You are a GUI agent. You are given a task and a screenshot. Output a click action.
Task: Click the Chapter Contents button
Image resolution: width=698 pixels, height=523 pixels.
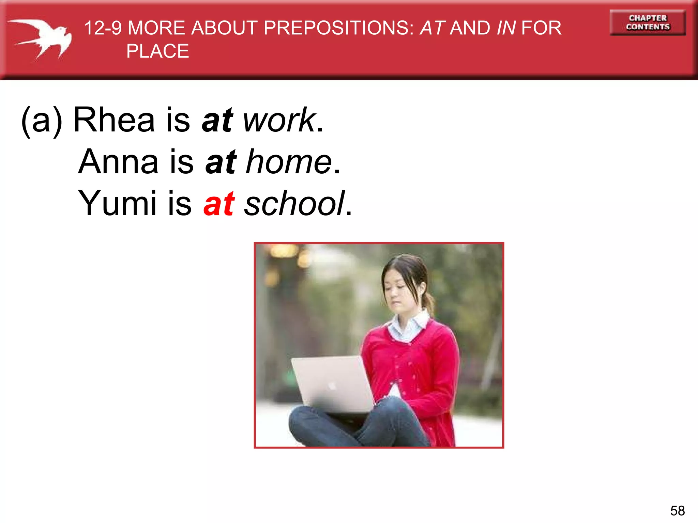[648, 22]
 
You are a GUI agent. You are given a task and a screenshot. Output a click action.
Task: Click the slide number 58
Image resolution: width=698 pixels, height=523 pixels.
[677, 511]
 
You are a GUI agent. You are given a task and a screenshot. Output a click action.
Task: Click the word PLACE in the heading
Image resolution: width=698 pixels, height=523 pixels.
[157, 51]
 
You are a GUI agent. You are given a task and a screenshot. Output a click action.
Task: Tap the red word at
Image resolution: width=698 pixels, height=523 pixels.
[219, 204]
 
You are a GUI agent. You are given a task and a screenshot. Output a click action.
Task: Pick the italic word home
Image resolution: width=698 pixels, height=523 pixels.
[288, 162]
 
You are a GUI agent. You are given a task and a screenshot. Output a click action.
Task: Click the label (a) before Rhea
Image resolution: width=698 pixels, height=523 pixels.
[42, 121]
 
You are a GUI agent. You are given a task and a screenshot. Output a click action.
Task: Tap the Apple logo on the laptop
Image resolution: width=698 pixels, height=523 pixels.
[331, 386]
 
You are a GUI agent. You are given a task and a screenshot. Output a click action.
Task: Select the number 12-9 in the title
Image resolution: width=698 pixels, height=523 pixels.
[103, 28]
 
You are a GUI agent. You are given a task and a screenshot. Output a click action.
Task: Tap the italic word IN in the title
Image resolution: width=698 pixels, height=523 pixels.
[506, 28]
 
